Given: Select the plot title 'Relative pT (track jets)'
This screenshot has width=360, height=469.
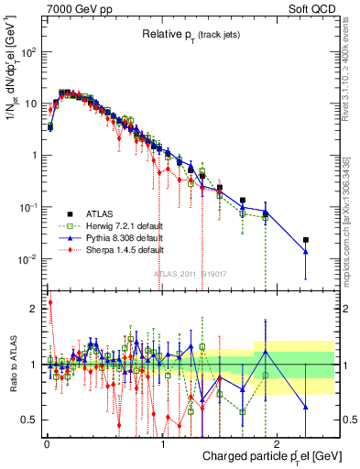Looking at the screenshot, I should pyautogui.click(x=191, y=34).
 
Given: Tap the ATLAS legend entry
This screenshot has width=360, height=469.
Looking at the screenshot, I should pyautogui.click(x=104, y=213).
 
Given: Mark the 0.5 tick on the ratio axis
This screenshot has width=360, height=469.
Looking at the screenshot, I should pyautogui.click(x=31, y=420).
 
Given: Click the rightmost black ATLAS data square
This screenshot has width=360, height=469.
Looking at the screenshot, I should pyautogui.click(x=306, y=240).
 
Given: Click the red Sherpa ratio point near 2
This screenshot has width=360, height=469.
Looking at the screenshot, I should pyautogui.click(x=49, y=302).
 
